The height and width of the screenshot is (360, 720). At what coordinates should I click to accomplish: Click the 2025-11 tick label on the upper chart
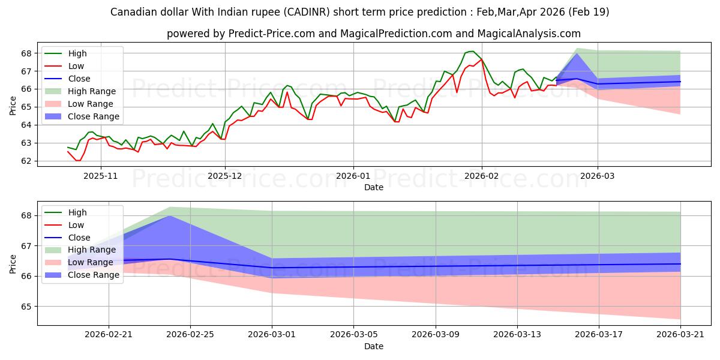pos(101,176)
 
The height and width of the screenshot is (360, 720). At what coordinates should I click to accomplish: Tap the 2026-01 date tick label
pos(353,176)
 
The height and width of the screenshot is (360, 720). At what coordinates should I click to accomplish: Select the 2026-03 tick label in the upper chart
pos(598,176)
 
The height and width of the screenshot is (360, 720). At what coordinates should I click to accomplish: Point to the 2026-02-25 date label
pos(190,335)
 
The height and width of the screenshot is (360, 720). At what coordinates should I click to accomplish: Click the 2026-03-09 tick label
pos(436,335)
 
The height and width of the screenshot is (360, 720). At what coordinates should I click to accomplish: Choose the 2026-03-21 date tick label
pos(680,335)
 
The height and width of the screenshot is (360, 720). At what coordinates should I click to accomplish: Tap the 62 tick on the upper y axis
pos(26,161)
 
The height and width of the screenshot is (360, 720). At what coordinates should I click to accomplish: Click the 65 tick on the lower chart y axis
pos(26,307)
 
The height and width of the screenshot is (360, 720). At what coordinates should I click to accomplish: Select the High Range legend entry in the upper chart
pos(80,91)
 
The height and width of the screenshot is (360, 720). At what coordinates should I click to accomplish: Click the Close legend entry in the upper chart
pos(67,79)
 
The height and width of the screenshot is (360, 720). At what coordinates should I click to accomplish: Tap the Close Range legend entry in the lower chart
pos(82,275)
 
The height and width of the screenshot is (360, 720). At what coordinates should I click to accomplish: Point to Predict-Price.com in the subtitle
pos(272,34)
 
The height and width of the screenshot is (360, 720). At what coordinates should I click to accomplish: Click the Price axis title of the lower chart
pos(13,264)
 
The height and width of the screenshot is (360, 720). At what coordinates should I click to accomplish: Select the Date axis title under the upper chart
pos(373,187)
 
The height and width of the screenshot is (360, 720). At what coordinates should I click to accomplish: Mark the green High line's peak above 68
pos(472,51)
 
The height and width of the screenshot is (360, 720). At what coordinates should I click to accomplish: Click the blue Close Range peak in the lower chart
pos(170,215)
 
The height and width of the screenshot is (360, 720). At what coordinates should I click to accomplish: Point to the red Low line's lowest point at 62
pos(78,161)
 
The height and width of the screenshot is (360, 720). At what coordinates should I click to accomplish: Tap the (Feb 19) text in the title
pos(589,12)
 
